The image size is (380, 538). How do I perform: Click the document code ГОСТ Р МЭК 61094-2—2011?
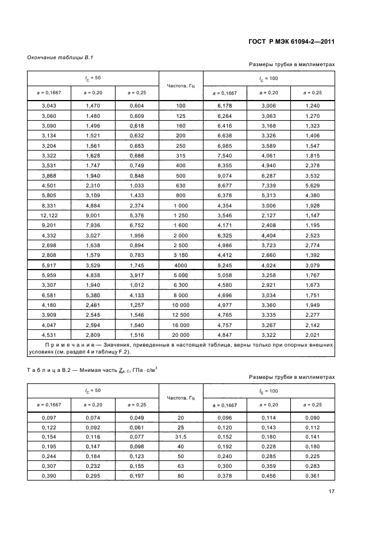(292, 41)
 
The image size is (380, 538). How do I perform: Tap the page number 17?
(332, 490)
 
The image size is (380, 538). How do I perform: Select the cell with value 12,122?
(49, 215)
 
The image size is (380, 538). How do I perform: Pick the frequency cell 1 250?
(181, 215)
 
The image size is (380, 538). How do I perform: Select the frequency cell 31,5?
(181, 436)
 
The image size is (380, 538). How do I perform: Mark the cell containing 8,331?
(49, 205)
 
